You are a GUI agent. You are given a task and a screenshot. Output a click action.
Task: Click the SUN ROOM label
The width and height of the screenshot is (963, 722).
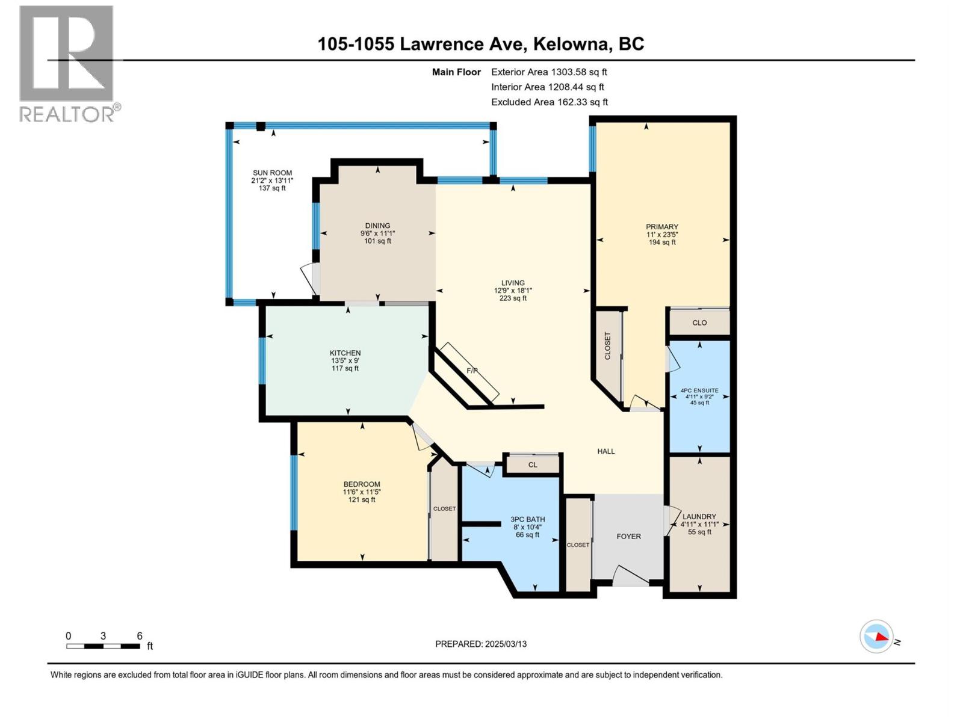272,173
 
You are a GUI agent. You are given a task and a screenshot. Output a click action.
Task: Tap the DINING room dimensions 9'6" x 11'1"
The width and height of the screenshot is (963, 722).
377,233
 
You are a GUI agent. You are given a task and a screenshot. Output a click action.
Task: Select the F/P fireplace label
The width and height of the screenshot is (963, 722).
472,371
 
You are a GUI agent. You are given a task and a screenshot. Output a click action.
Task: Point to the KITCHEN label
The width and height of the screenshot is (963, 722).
345,353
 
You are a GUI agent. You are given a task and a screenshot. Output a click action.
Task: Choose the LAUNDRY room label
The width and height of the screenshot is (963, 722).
699,516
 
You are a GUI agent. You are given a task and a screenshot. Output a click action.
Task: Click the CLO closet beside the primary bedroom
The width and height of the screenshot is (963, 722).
699,322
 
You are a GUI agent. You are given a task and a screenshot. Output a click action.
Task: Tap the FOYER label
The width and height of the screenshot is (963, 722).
628,536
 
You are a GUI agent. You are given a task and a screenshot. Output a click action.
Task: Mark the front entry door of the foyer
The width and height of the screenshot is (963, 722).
630,576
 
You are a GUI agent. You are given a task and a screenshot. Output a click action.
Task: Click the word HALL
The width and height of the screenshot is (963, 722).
605,451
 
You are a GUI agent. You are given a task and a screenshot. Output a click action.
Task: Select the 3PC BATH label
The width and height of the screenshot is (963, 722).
527,519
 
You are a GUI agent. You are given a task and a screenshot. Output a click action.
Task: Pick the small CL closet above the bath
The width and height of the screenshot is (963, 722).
533,464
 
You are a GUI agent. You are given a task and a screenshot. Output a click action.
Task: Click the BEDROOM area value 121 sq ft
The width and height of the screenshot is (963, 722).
362,499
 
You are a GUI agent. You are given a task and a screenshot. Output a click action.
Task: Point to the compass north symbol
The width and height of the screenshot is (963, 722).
876,637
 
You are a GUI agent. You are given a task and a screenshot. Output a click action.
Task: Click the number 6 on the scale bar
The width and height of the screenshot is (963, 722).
140,636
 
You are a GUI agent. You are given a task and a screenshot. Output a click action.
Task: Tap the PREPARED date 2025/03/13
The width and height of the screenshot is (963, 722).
505,644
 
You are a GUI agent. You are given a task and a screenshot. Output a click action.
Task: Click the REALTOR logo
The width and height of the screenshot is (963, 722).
67,63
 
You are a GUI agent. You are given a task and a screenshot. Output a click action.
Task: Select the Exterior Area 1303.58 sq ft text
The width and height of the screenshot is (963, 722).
549,72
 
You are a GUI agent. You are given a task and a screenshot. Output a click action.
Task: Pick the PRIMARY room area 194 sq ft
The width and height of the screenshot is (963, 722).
662,242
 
